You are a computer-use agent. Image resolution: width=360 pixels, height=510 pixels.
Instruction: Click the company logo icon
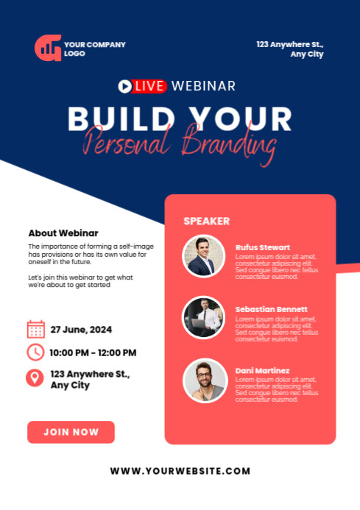48,48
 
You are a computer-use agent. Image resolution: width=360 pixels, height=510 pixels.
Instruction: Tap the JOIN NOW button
71,432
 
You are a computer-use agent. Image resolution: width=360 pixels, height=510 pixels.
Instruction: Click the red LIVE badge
150,86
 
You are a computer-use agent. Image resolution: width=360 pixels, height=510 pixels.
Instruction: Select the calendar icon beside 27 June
35,329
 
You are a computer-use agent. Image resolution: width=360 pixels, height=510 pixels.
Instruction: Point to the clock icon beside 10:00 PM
35,353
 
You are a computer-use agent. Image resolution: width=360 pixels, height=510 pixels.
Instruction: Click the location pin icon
35,378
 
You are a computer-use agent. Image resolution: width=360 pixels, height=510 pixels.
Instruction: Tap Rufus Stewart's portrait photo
203,256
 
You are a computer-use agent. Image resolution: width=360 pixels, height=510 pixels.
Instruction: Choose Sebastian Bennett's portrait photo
203,317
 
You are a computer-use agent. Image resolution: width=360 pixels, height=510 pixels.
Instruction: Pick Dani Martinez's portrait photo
204,380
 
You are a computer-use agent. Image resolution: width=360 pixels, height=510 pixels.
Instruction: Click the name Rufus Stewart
263,247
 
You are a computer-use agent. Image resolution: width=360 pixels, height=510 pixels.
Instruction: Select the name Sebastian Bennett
272,309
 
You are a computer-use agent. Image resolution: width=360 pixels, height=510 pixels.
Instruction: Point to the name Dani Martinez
263,370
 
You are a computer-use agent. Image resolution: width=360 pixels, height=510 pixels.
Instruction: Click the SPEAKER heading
206,221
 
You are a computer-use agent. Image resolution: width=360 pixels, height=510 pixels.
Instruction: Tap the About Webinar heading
63,233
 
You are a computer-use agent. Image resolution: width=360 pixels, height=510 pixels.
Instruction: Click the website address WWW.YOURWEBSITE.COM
180,471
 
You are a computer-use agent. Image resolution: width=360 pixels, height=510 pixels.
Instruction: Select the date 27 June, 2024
81,329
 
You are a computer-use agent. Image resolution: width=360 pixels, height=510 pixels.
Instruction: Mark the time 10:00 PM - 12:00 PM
93,353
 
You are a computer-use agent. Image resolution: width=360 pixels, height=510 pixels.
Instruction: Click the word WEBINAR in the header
203,86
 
